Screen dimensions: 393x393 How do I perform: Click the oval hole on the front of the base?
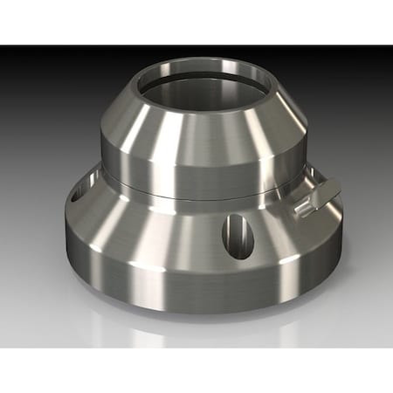(x=237, y=235)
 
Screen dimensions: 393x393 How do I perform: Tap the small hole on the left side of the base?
(x=77, y=193)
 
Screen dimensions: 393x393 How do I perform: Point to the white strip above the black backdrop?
(x=196, y=22)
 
